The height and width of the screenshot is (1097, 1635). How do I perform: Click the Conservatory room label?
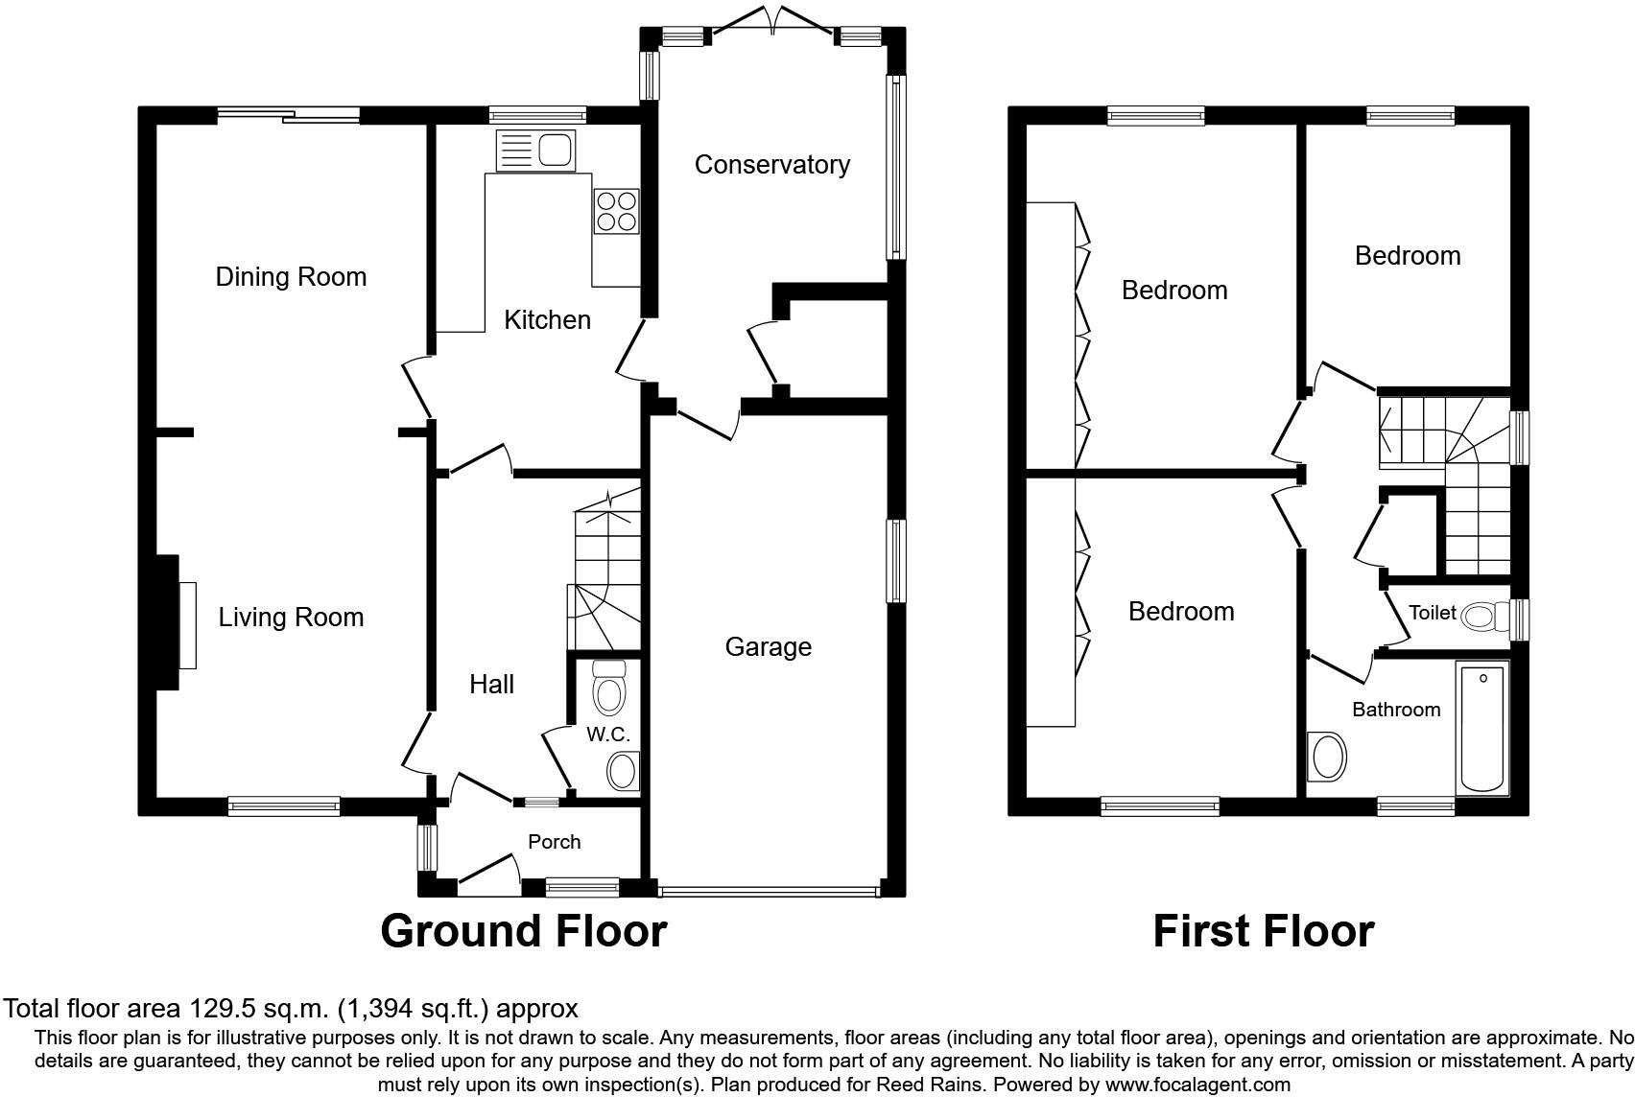pos(771,165)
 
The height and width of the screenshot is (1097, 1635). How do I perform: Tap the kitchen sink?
pos(535,151)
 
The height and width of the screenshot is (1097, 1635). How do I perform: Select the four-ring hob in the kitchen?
pos(616,211)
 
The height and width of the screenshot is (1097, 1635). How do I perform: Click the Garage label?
pos(768,647)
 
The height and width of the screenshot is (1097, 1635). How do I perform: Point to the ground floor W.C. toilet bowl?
pos(608,688)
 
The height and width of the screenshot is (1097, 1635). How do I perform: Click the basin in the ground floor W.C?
pos(624,770)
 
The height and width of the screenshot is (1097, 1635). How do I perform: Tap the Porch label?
pos(554,842)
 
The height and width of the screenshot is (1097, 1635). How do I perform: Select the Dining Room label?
pos(291,277)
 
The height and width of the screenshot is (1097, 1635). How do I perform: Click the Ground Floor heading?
pos(523,931)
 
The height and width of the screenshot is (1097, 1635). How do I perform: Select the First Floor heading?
pos(1263,931)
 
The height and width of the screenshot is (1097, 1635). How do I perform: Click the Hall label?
pos(491,685)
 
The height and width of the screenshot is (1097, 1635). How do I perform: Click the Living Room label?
pos(291,618)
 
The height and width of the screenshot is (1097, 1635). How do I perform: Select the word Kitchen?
pos(547,320)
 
